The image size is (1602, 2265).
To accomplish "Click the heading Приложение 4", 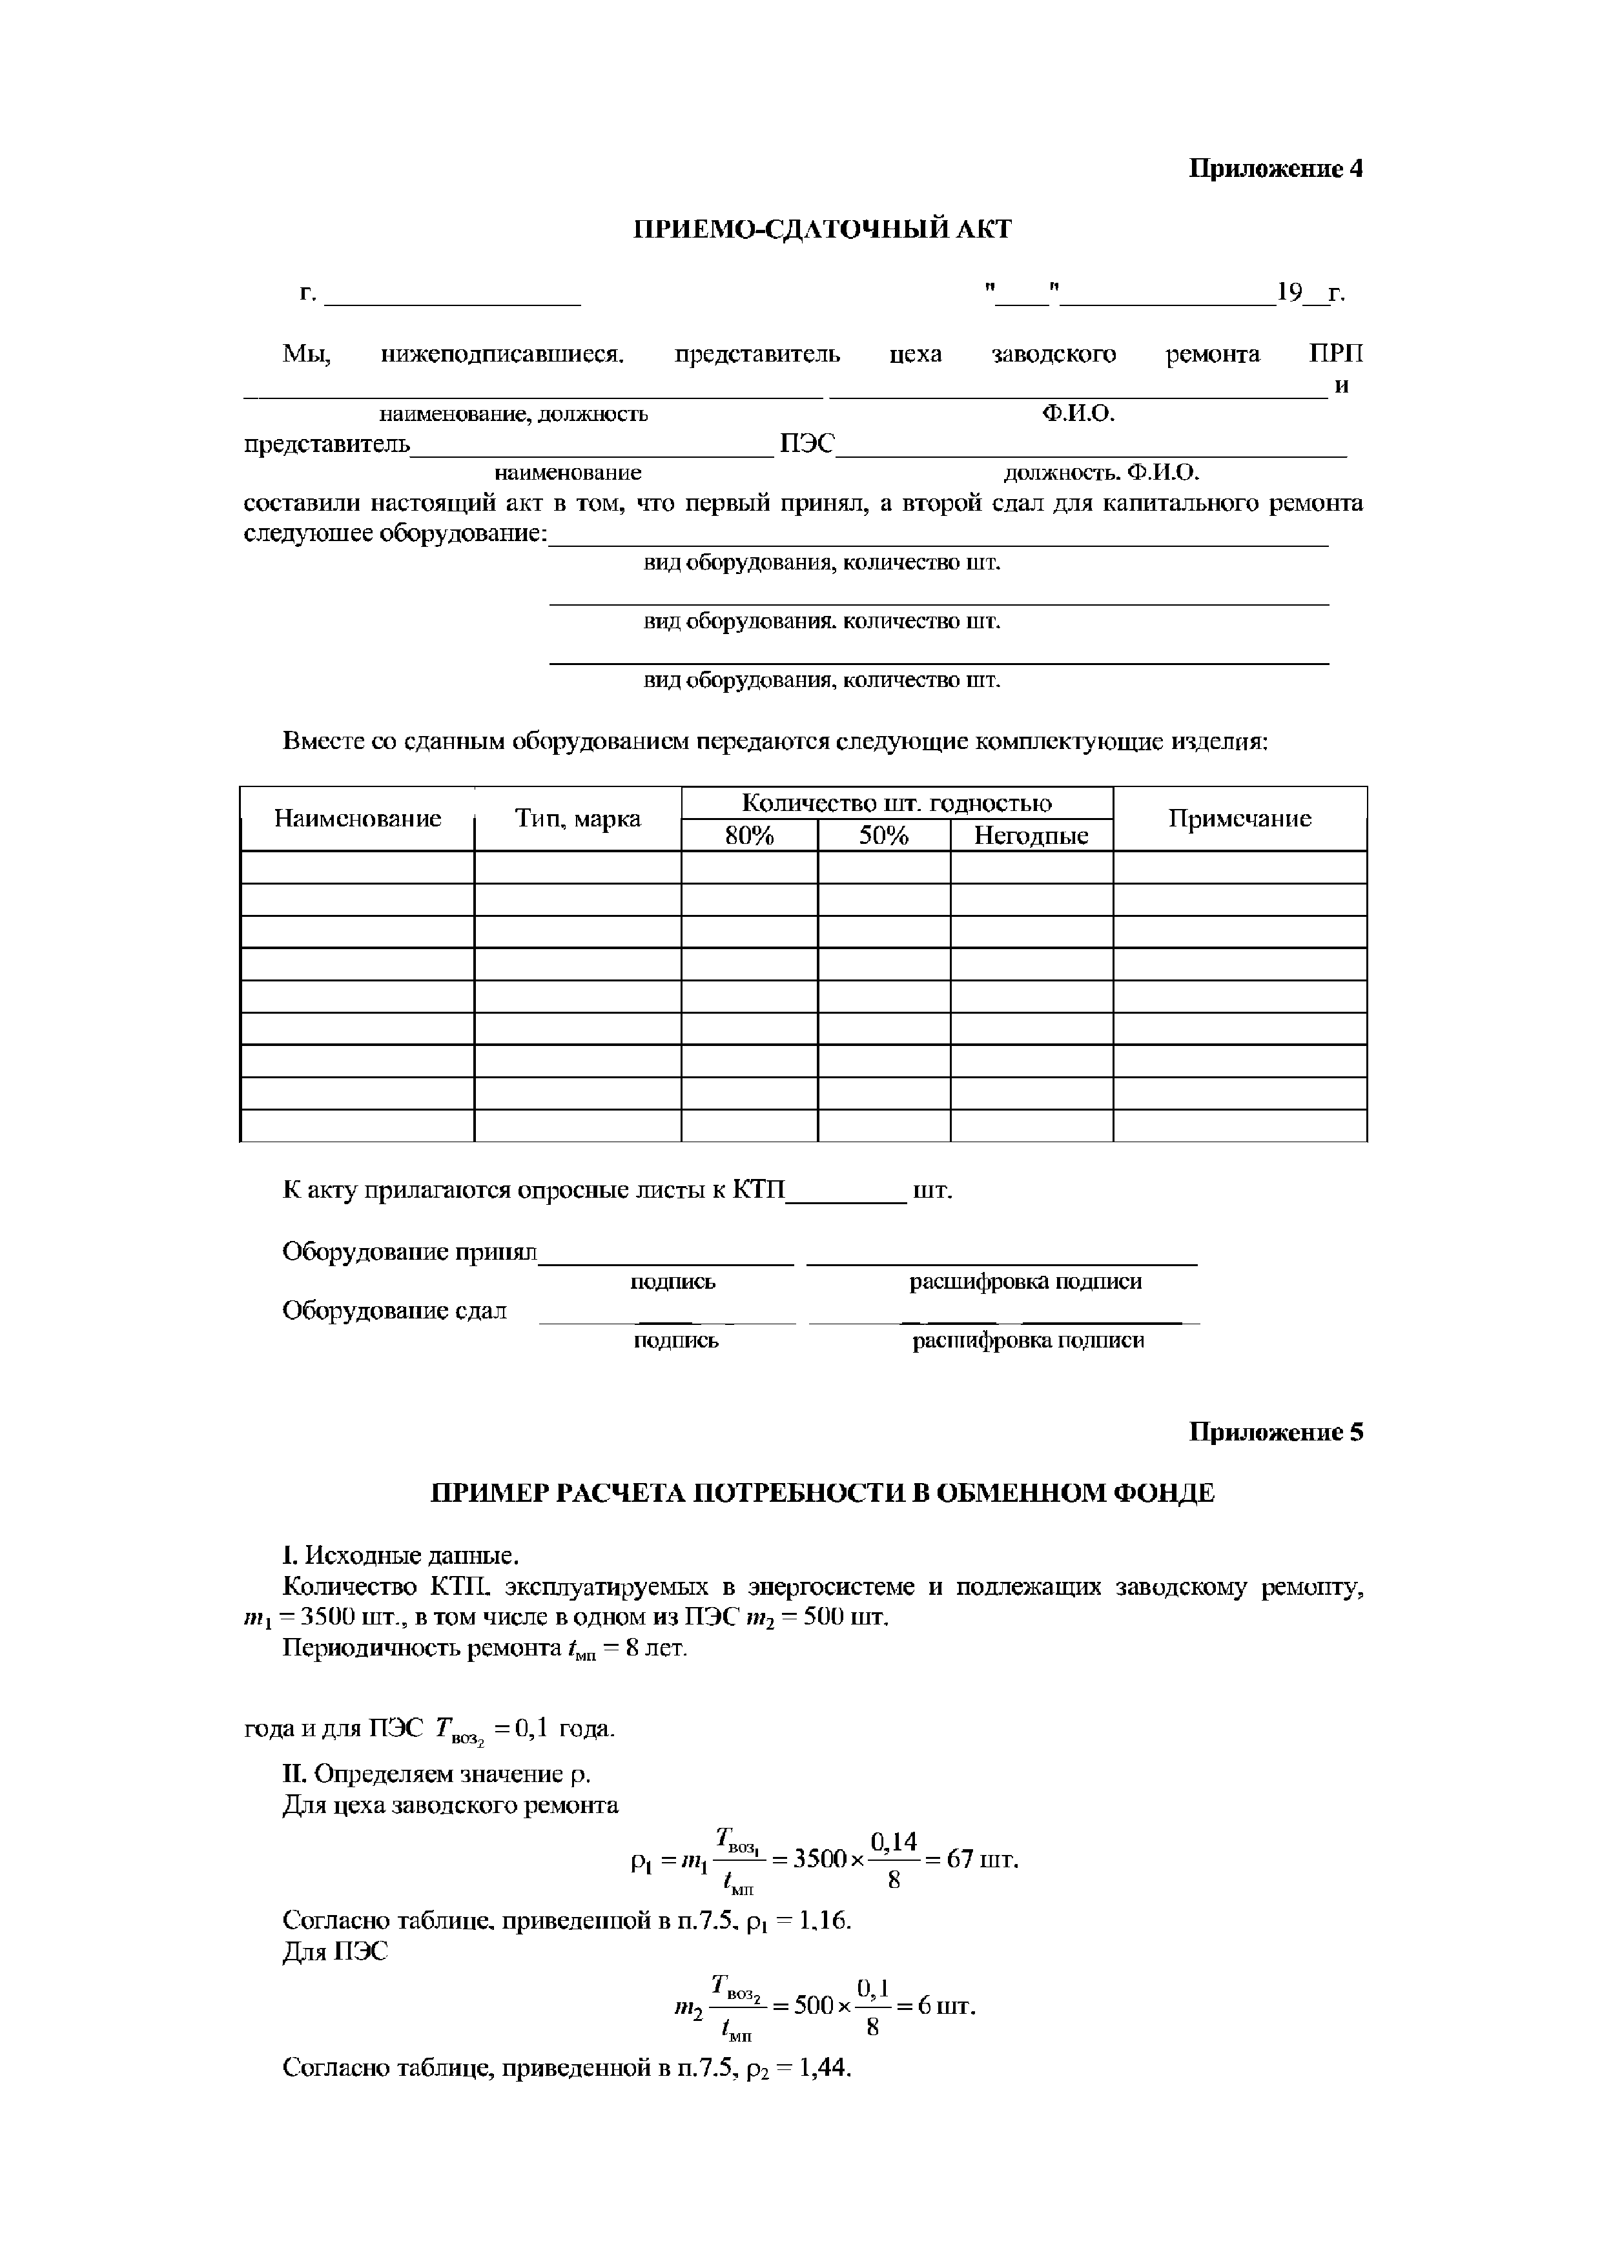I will [1275, 169].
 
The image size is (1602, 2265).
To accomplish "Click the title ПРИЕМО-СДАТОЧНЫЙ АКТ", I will [822, 230].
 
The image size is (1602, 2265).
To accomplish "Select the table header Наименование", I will [357, 819].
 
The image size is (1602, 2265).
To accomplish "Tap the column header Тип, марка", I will [577, 819].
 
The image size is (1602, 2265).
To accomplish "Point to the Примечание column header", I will [1239, 819].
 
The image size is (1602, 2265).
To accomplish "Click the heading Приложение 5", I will [1275, 1431].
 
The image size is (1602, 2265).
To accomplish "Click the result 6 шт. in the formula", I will [947, 2007].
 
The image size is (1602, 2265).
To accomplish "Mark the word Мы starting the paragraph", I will [306, 354].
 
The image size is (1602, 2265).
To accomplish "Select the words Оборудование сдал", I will [395, 1311].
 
